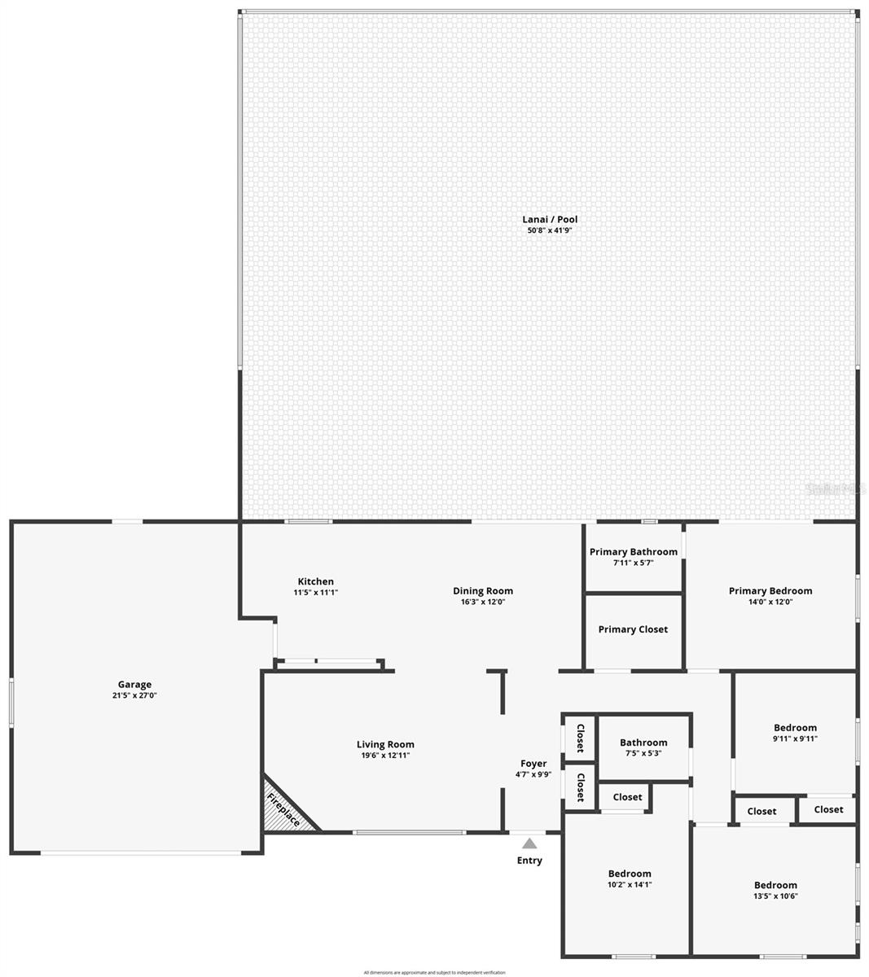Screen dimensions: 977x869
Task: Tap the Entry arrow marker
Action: pos(529,843)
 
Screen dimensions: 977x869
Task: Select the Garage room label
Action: pos(134,685)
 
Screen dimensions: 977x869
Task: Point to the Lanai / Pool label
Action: pos(550,219)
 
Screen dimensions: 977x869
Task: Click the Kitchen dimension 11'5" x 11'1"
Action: pos(315,593)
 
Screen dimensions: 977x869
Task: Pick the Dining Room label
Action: pos(483,591)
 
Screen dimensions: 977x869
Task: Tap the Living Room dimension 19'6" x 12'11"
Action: pos(385,756)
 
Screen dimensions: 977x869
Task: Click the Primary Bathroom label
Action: pos(633,552)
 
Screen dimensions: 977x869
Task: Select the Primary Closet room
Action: pos(633,629)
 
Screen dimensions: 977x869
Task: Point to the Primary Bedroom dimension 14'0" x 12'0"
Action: pos(770,602)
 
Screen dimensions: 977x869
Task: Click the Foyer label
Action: pos(533,764)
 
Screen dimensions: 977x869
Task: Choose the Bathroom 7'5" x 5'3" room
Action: pos(643,747)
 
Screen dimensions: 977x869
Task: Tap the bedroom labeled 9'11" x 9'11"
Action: pos(795,733)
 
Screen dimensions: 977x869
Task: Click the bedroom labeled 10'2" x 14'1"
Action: pos(629,879)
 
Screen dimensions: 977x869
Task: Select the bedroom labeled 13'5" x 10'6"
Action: pos(775,891)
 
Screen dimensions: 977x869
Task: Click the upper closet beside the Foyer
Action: pos(581,738)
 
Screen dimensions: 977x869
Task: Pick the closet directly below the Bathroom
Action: pos(627,797)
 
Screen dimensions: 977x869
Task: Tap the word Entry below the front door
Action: pos(529,861)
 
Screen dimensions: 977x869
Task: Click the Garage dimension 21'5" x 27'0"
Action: pos(134,696)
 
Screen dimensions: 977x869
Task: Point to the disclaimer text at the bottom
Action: pos(434,972)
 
